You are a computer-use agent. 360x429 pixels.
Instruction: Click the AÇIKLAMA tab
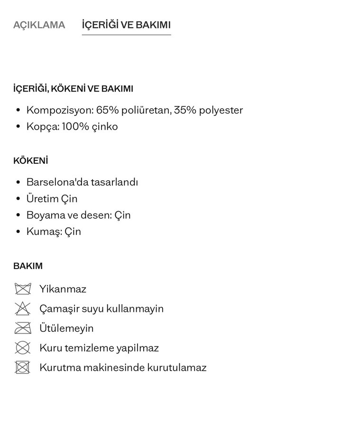(x=39, y=25)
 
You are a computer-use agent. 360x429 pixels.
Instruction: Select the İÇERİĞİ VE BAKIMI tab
(x=126, y=25)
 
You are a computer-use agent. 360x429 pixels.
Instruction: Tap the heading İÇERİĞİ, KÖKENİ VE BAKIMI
(x=73, y=89)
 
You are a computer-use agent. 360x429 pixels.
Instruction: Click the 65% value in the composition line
(x=106, y=111)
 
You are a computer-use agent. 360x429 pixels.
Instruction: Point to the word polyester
(x=221, y=111)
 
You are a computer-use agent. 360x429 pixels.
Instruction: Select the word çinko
(x=106, y=127)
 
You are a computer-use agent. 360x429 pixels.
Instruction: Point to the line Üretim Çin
(x=52, y=199)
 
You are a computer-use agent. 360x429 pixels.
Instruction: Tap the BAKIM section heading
(x=28, y=266)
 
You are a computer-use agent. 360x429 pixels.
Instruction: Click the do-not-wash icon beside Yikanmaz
(x=22, y=289)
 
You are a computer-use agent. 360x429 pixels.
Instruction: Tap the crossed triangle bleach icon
(x=22, y=308)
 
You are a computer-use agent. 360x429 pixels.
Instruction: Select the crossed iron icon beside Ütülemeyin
(x=22, y=328)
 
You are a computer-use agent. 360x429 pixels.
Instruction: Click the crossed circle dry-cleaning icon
(x=22, y=348)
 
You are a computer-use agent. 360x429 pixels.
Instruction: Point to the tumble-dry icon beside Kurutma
(x=22, y=367)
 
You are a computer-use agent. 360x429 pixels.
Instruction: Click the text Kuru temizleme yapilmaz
(x=99, y=348)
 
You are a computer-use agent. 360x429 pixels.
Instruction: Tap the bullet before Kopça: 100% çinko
(x=18, y=127)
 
